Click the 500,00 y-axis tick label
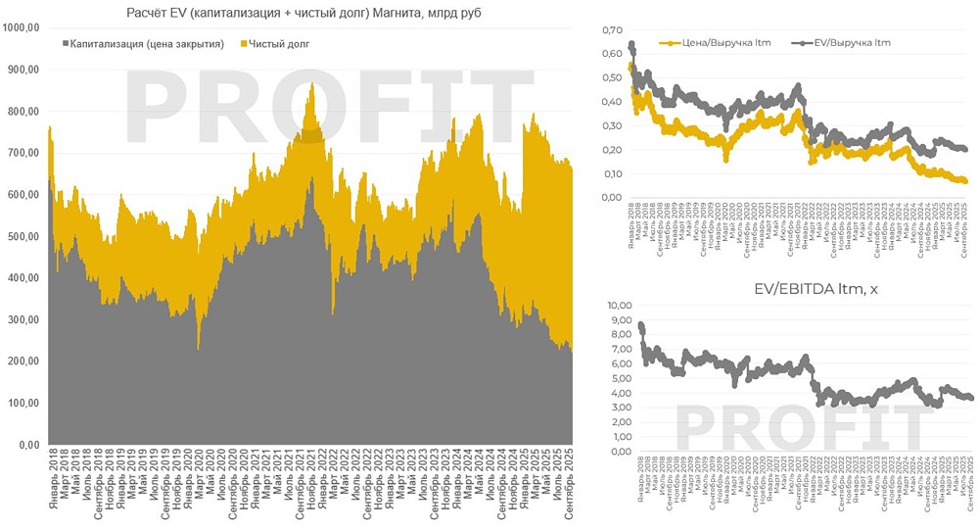(23, 237)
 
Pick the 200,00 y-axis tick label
(23, 362)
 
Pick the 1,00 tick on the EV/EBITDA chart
(612, 437)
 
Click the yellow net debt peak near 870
(311, 86)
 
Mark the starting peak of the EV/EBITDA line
(640, 325)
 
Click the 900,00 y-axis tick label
(23, 70)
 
